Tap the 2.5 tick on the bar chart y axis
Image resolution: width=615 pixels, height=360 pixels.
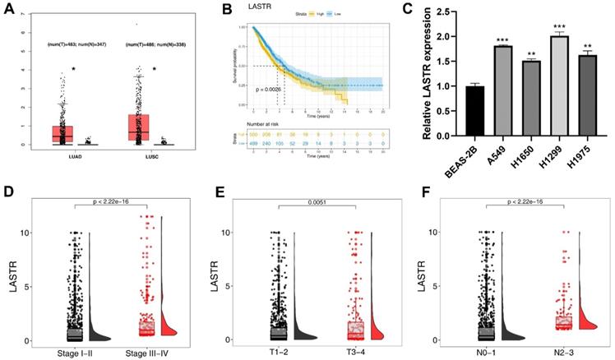point(439,12)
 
